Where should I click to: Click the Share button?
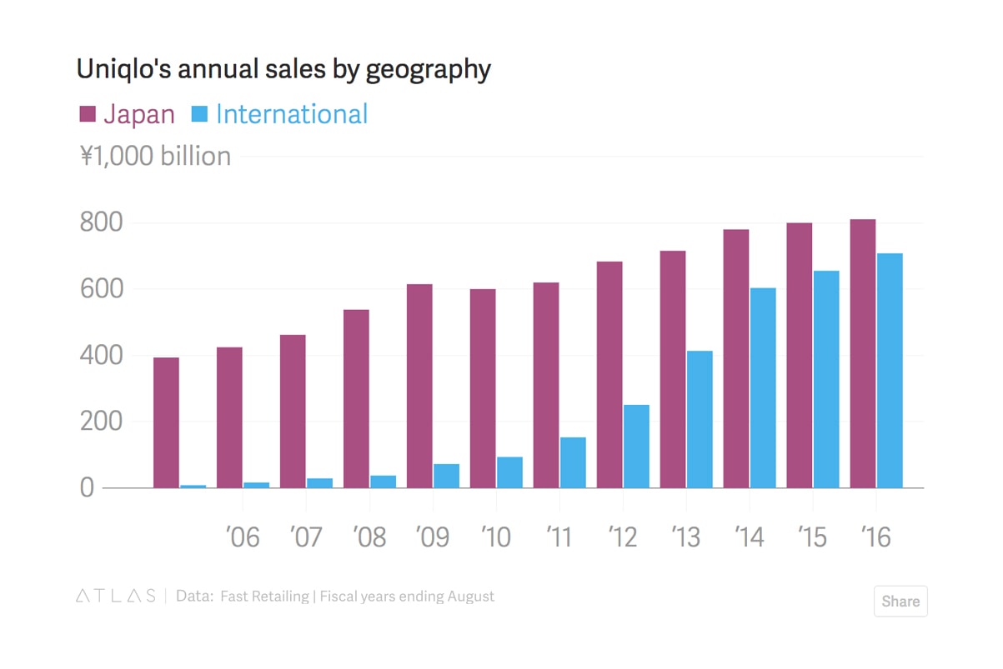coord(900,602)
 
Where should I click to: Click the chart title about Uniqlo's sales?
coord(283,69)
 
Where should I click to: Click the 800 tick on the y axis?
coord(101,222)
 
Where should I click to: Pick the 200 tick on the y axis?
coord(101,422)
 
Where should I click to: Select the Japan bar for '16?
coord(863,353)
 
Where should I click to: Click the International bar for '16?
coord(890,371)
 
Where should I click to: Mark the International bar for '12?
coord(636,446)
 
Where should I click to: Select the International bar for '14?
coord(763,387)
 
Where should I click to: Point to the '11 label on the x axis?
coord(559,537)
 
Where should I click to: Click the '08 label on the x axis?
coord(369,537)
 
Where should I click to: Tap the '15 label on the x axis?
coord(812,537)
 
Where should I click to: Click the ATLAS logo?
coord(115,597)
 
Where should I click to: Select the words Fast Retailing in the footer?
coord(264,597)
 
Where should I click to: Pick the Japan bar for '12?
coord(609,375)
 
